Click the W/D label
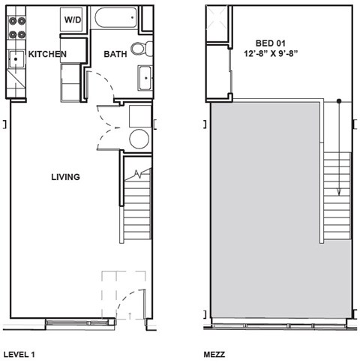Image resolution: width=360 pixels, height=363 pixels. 73,19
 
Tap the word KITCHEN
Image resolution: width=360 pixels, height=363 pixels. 48,54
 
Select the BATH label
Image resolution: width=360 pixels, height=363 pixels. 115,54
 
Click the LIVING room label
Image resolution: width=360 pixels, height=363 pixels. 65,177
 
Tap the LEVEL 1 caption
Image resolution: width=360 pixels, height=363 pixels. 19,352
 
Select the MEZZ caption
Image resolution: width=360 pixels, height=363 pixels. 215,352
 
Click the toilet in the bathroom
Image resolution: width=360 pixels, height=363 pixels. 139,49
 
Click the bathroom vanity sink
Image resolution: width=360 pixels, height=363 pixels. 145,77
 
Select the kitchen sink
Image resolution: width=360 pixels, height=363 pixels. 14,57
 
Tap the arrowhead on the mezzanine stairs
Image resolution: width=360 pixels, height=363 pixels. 339,190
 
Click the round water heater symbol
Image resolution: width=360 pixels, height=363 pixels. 139,139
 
